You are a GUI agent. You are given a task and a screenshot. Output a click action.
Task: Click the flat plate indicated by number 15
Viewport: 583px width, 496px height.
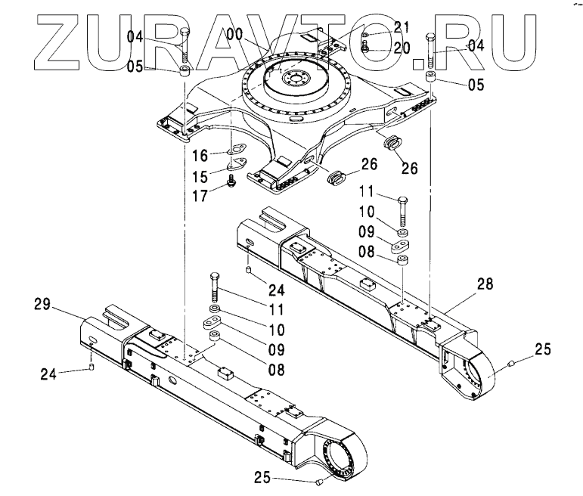[x=240, y=164]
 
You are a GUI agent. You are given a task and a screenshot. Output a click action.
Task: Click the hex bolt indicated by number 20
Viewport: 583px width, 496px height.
[x=365, y=46]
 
